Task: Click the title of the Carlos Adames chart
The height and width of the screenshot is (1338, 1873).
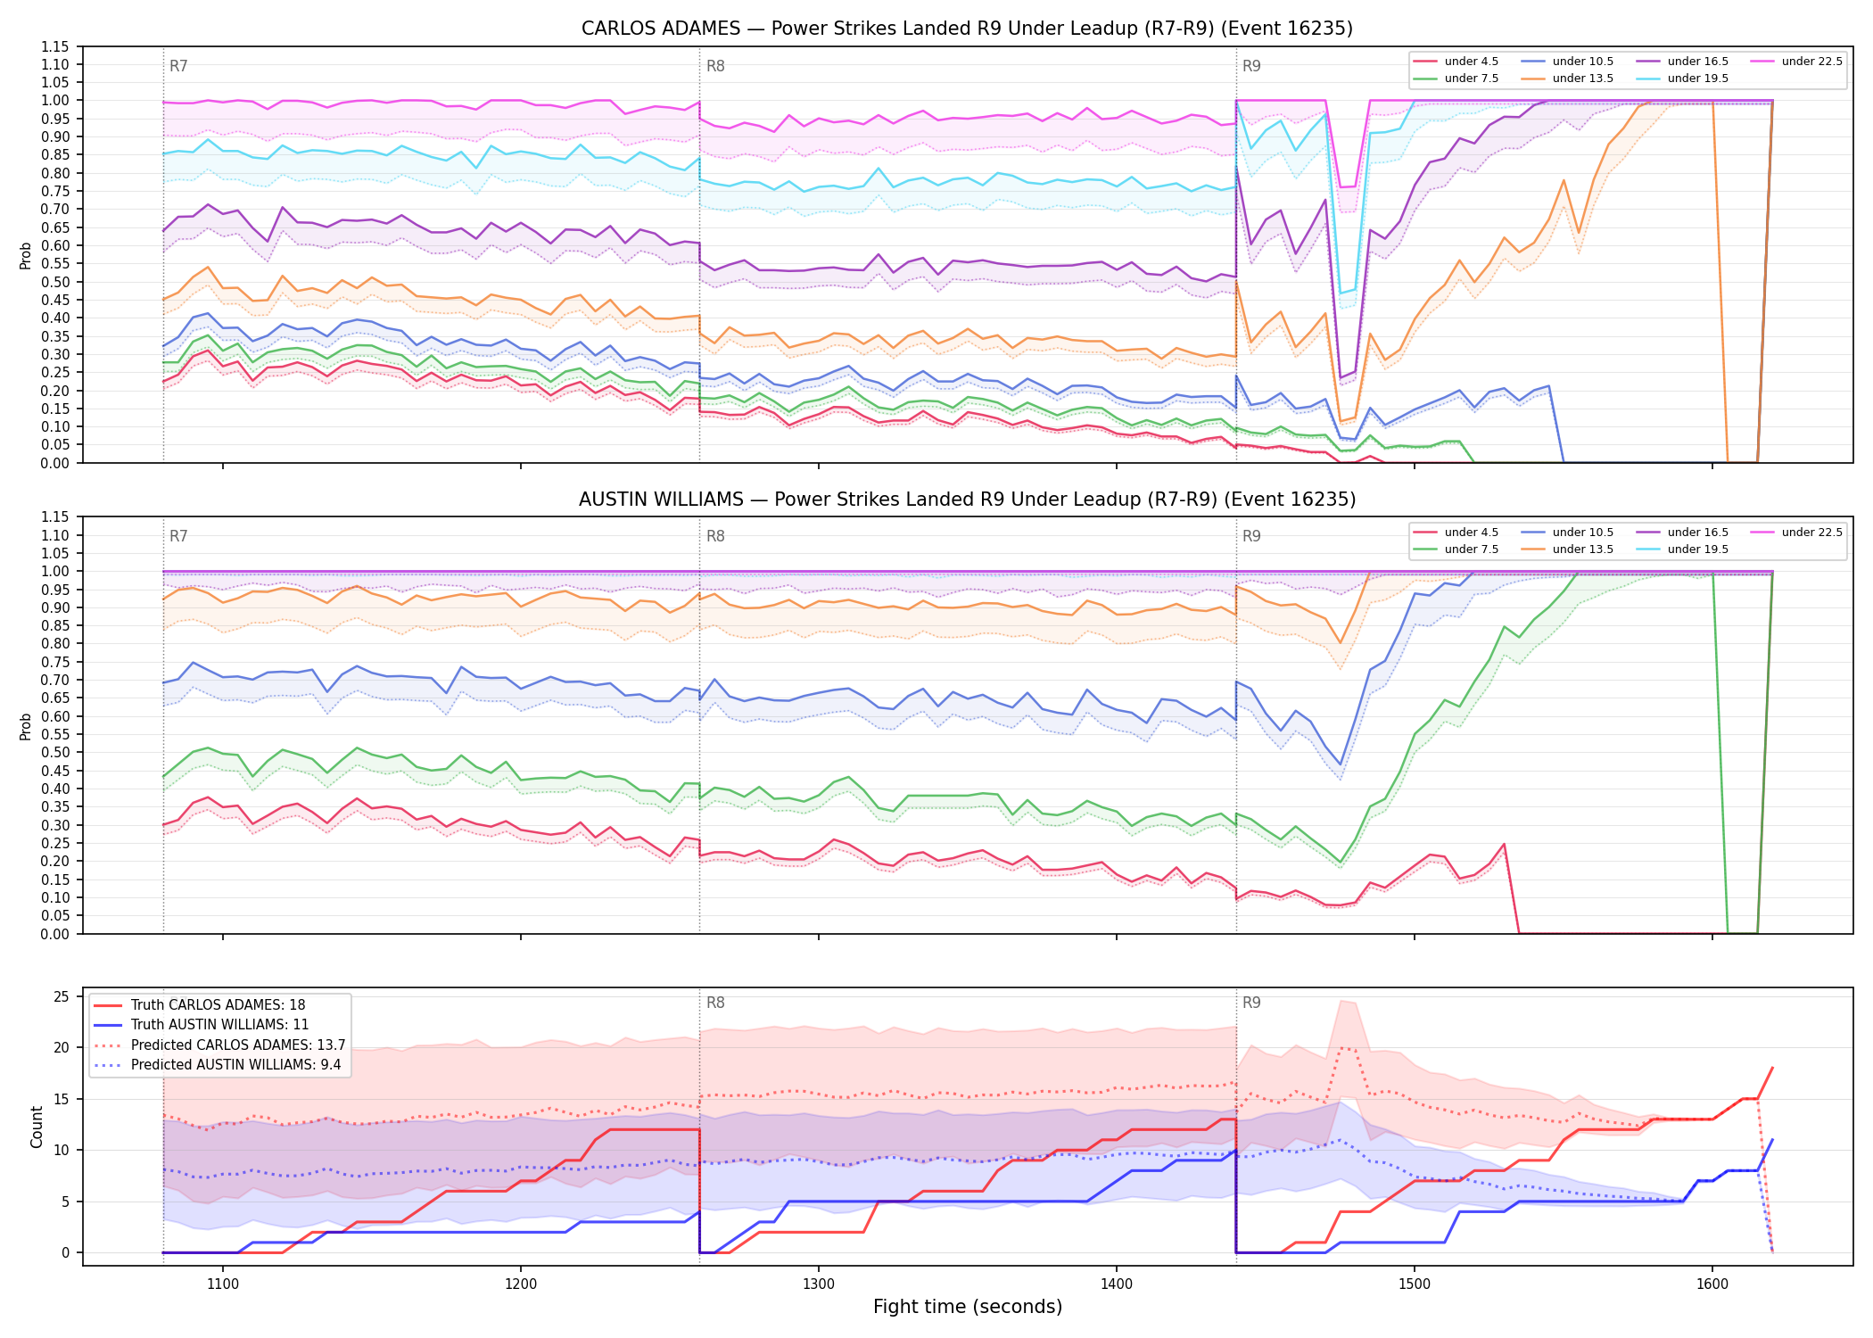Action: click(x=967, y=29)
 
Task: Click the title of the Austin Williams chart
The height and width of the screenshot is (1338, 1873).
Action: click(x=967, y=500)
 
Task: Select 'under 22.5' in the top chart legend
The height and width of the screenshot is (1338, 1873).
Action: click(x=1811, y=62)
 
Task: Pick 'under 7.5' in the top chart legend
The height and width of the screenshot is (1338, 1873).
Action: click(x=1472, y=78)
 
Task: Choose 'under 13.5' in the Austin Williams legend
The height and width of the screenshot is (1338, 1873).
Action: click(x=1583, y=549)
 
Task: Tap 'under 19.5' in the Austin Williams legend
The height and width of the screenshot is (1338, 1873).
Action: click(x=1698, y=549)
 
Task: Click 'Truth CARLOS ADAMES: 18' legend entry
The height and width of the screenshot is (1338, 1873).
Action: click(x=219, y=1005)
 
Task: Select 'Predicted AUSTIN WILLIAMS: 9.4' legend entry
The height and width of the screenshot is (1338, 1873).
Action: click(x=236, y=1065)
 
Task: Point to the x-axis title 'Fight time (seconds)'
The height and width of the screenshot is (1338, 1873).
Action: click(x=968, y=1307)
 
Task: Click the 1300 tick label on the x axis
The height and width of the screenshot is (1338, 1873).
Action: click(x=819, y=1284)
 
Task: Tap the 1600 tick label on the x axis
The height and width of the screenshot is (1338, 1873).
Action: click(x=1712, y=1284)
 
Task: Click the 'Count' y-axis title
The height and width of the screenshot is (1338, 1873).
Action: click(x=37, y=1127)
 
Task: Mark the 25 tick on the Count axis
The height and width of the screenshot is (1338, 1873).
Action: click(x=62, y=996)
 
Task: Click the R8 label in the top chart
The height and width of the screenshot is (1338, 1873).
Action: click(x=715, y=66)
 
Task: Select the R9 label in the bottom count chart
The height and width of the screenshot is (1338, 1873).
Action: click(x=1251, y=1003)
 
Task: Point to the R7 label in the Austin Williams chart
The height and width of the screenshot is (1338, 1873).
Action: click(x=178, y=536)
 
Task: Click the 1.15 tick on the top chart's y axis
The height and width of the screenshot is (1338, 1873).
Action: click(x=55, y=46)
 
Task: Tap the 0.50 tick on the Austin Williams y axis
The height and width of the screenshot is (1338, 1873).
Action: click(x=55, y=752)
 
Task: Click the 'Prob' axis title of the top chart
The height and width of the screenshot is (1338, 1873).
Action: click(x=26, y=255)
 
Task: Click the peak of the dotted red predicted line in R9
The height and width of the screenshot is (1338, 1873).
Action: click(x=1343, y=1047)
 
